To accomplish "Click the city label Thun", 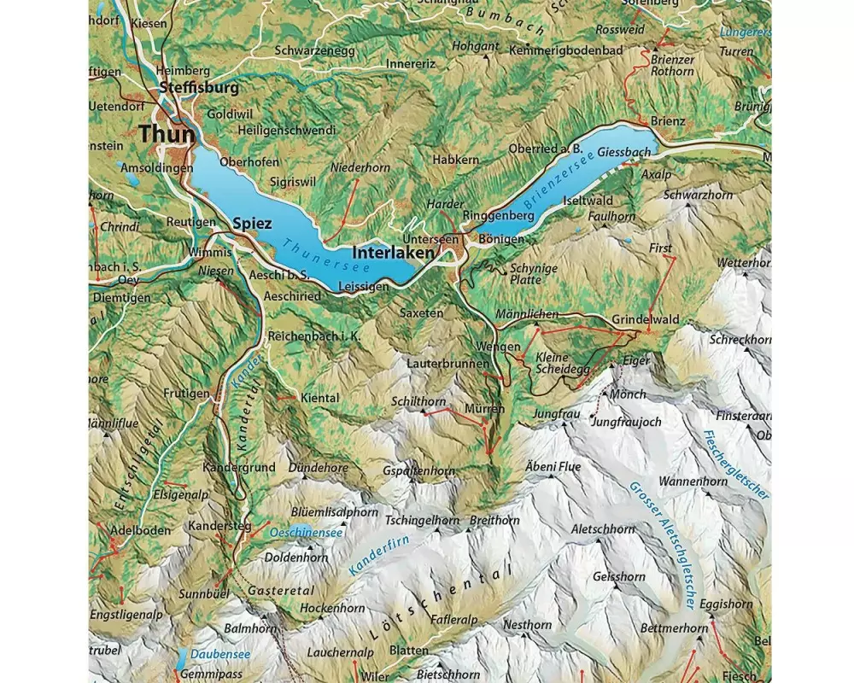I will pos(167,134).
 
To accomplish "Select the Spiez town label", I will pos(252,224).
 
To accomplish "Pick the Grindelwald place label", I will pos(646,320).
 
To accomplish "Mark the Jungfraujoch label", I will pos(626,422).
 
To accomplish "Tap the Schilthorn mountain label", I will pos(418,401).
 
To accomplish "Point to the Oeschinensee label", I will pos(305,533).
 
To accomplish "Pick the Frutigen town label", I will pos(186,394).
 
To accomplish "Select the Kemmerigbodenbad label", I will pos(569,50).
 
